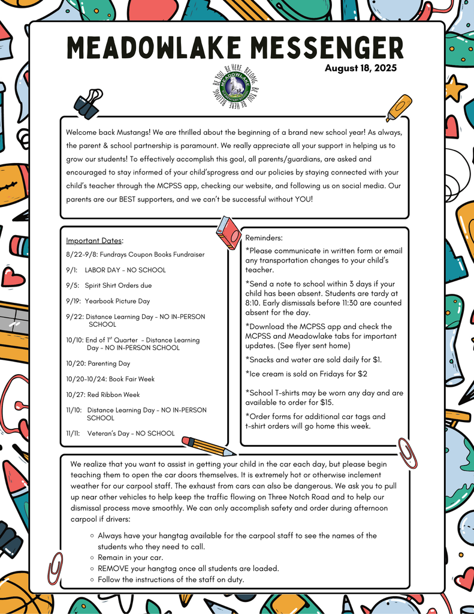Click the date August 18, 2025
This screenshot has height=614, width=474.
(361, 69)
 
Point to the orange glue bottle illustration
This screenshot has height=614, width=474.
(398, 107)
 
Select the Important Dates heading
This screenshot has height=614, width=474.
(94, 241)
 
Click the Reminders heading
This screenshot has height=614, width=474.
(264, 238)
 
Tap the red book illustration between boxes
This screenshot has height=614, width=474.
(228, 232)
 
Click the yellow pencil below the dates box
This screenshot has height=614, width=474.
(207, 446)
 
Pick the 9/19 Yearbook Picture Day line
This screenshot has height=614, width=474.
(108, 301)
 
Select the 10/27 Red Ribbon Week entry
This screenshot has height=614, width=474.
(102, 395)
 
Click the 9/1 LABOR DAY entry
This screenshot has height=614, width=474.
(116, 270)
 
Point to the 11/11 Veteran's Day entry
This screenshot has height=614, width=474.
(120, 433)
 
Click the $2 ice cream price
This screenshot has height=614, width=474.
(363, 374)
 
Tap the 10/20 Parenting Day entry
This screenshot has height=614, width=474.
(98, 363)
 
